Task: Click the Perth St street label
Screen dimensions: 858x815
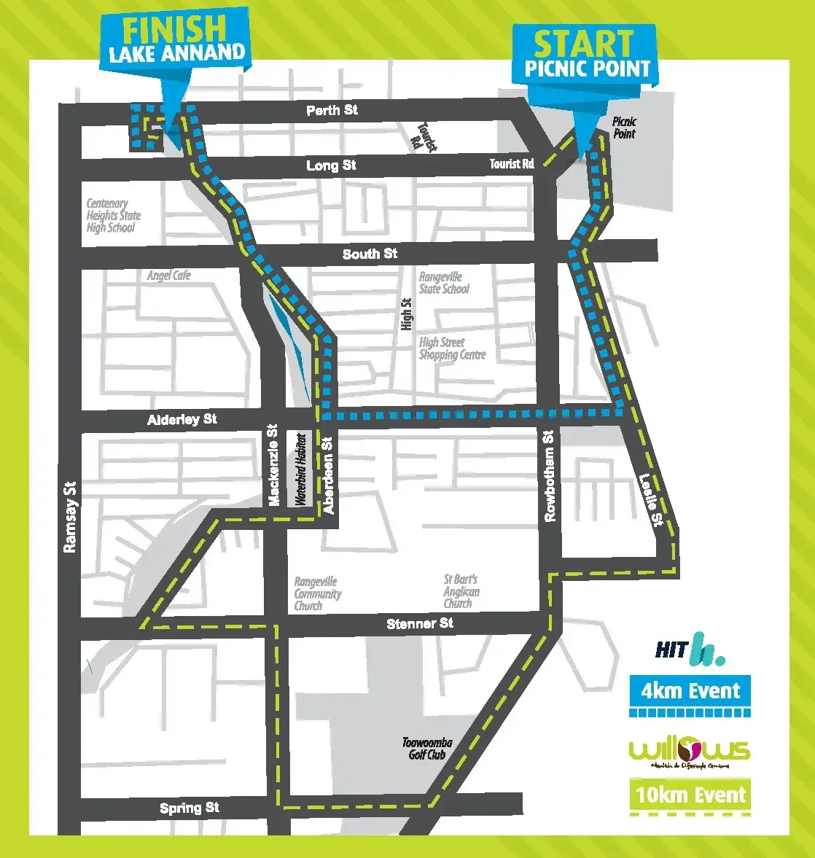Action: click(x=332, y=110)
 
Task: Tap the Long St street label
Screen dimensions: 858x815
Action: click(x=331, y=165)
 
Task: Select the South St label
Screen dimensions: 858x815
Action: click(x=370, y=254)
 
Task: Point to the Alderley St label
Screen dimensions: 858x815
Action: click(x=182, y=419)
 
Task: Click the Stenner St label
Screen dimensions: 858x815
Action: click(x=420, y=623)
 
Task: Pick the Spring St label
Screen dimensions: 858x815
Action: click(x=190, y=808)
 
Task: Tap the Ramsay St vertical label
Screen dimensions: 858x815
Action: click(x=69, y=516)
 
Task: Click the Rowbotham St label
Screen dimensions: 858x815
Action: click(x=549, y=475)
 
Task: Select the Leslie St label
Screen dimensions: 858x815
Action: click(x=650, y=500)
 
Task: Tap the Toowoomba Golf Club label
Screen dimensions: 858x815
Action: click(x=427, y=749)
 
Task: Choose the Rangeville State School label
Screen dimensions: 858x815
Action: click(x=444, y=283)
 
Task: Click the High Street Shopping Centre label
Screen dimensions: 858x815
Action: click(x=452, y=348)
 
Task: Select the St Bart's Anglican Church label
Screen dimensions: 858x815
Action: click(x=461, y=591)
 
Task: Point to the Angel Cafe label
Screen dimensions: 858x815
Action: click(x=168, y=276)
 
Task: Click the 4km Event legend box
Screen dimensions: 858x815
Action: click(x=690, y=690)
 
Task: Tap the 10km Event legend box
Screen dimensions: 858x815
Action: click(x=690, y=795)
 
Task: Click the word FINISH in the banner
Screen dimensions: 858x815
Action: click(x=174, y=29)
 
